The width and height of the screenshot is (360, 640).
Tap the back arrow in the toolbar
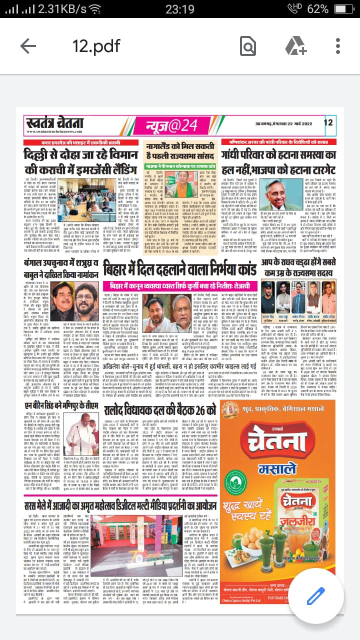click(28, 46)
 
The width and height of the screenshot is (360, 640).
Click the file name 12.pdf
click(96, 46)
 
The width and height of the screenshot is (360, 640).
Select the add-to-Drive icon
click(295, 46)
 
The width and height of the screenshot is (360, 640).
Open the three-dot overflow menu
click(338, 46)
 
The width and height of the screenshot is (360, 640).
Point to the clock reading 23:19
click(179, 9)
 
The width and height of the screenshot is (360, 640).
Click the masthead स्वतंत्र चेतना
click(54, 122)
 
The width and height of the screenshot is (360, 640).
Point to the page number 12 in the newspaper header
click(328, 122)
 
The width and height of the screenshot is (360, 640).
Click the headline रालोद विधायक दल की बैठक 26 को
click(159, 411)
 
